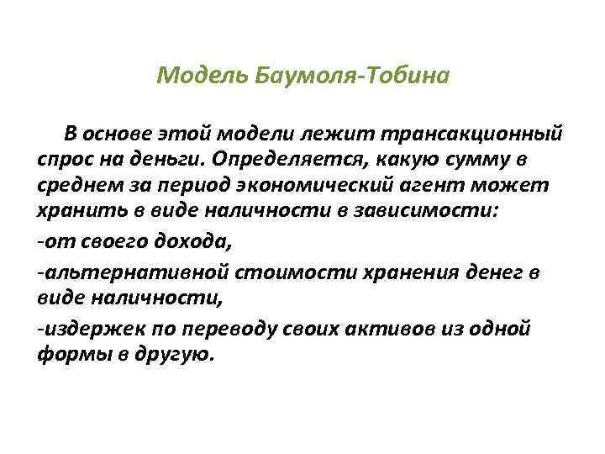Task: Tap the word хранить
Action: [83, 211]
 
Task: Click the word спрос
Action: [71, 159]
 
